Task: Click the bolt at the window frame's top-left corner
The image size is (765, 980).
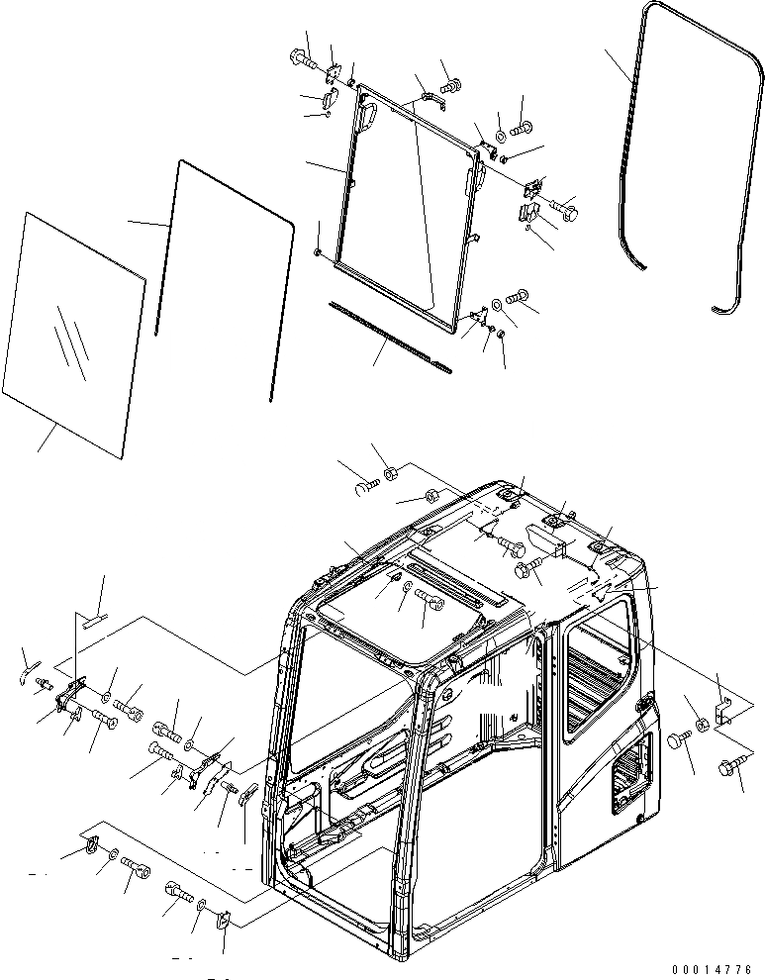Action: [x=305, y=61]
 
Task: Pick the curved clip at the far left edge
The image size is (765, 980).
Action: [x=30, y=670]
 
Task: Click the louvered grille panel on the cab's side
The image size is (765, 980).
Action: [x=633, y=772]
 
